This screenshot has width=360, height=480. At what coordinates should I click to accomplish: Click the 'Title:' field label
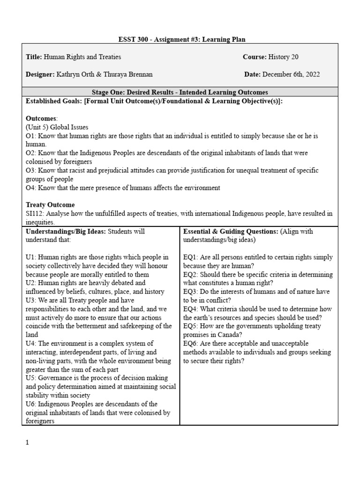pyautogui.click(x=34, y=57)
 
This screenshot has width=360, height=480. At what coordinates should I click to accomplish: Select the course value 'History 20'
pyautogui.click(x=283, y=57)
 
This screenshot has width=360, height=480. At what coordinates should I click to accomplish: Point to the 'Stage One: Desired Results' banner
pyautogui.click(x=180, y=92)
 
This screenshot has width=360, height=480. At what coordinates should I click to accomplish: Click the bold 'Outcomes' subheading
pyautogui.click(x=41, y=119)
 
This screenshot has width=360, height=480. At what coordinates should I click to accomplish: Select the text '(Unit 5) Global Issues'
pyautogui.click(x=57, y=127)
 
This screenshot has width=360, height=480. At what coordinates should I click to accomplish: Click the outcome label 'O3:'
pyautogui.click(x=31, y=171)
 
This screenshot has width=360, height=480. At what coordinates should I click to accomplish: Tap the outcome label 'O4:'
pyautogui.click(x=31, y=188)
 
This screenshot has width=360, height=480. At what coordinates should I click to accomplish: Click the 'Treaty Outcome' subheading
pyautogui.click(x=50, y=205)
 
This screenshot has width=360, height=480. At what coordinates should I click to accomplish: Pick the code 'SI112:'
pyautogui.click(x=36, y=214)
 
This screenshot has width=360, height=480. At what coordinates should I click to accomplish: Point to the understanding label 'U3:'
pyautogui.click(x=30, y=300)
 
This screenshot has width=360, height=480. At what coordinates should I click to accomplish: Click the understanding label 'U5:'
pyautogui.click(x=30, y=378)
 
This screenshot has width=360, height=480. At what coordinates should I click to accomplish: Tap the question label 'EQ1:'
pyautogui.click(x=191, y=257)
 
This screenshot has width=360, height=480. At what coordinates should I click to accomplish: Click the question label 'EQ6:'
pyautogui.click(x=191, y=344)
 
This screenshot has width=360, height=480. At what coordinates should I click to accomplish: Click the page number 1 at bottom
pyautogui.click(x=27, y=442)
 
